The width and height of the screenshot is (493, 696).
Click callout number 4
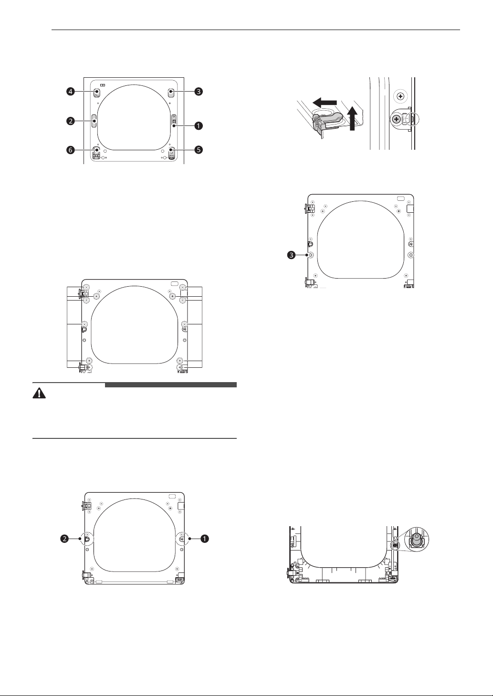point(71,92)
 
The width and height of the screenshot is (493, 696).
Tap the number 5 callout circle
point(199,150)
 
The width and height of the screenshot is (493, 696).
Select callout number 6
point(71,150)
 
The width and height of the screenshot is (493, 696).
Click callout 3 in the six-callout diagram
point(199,92)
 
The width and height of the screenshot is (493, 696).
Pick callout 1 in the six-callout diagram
point(199,126)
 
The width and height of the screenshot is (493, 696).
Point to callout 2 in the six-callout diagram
point(71,121)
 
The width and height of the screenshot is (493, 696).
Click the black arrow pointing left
point(325,102)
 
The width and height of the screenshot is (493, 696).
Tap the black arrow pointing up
point(352,118)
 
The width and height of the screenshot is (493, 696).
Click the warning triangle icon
point(39,394)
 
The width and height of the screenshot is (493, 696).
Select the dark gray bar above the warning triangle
point(171,385)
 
